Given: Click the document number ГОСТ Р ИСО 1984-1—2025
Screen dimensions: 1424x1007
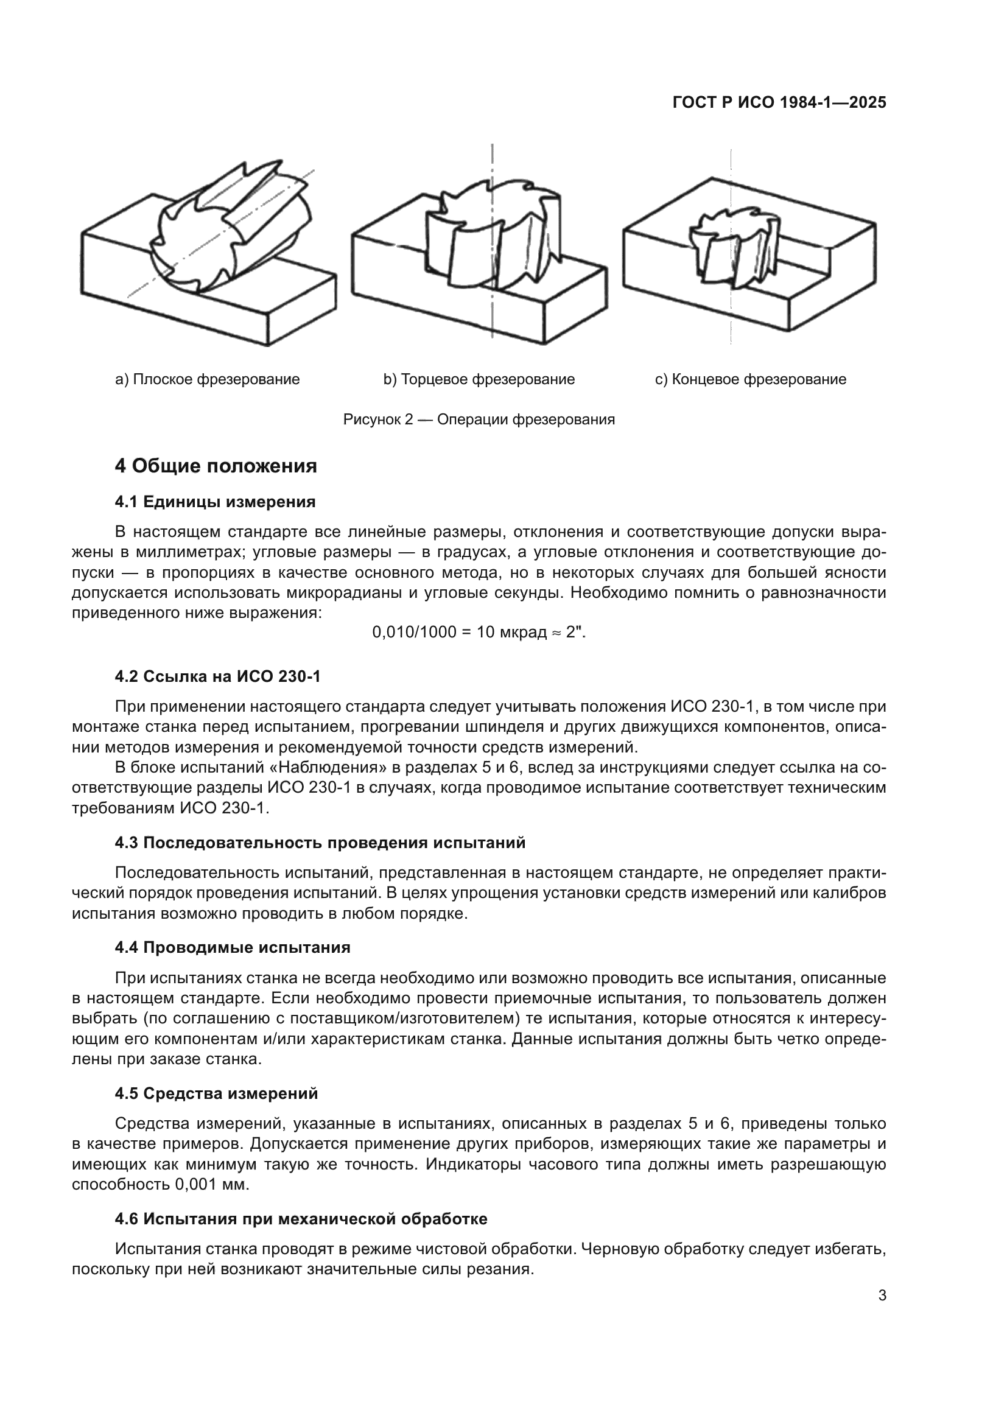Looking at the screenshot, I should [779, 103].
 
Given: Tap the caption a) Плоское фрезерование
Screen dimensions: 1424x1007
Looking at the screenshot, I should [208, 379].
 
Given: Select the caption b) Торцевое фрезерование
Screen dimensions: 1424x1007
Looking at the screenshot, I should [479, 379].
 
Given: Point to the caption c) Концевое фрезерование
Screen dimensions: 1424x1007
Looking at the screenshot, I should [750, 379].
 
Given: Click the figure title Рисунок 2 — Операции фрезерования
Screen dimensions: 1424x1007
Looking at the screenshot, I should [479, 419].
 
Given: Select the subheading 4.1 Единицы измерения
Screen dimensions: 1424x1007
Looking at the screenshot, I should [215, 502].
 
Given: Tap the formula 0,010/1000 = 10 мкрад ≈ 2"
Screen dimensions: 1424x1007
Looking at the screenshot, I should [479, 632].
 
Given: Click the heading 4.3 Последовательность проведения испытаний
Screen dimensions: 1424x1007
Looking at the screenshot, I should [320, 842].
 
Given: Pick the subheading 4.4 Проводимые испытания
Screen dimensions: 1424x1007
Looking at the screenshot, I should [233, 947].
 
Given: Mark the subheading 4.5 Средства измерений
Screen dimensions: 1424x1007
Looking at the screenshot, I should [216, 1093].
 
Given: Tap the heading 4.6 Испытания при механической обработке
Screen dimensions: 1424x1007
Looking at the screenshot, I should [301, 1219].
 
